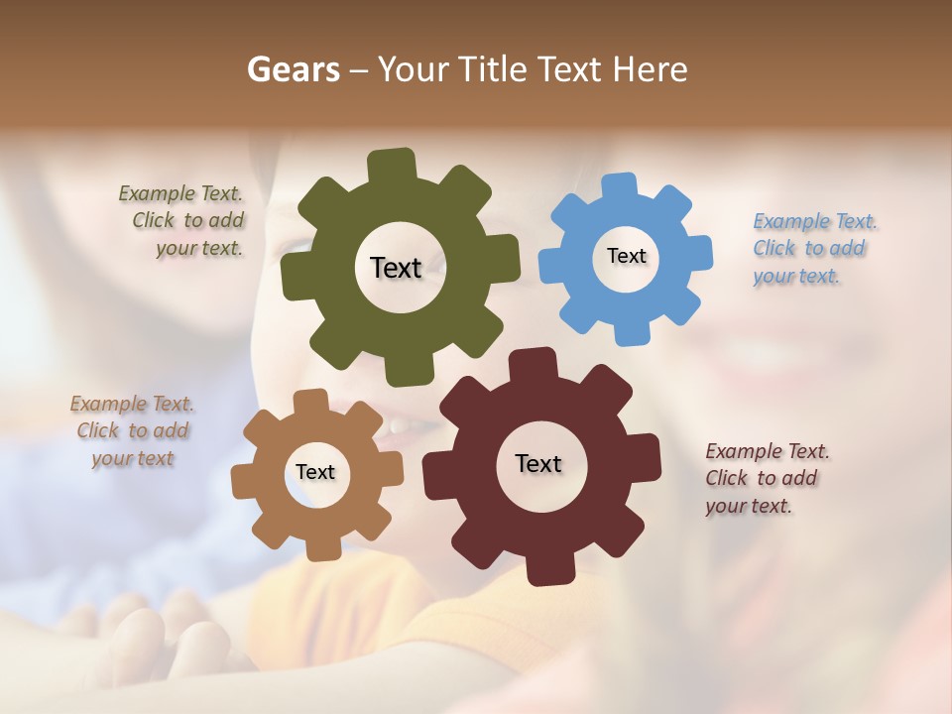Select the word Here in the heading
(x=651, y=69)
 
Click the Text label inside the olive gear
(x=396, y=268)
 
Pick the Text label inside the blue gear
(x=626, y=256)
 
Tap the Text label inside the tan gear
(x=315, y=472)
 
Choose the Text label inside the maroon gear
(x=538, y=463)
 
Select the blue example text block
(x=813, y=249)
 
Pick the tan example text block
(x=131, y=431)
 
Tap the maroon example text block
(x=766, y=479)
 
